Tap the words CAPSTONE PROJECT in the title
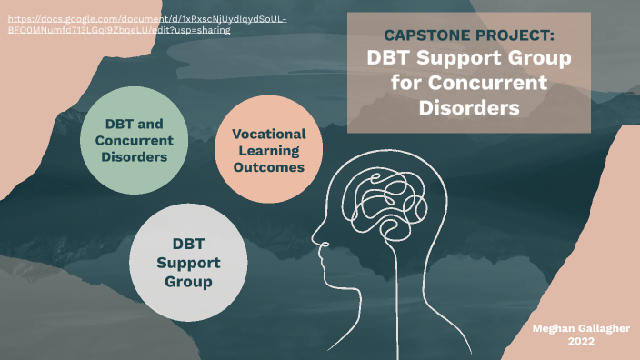click(468, 35)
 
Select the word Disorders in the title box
click(468, 106)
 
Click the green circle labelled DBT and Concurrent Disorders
click(135, 140)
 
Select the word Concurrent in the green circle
click(135, 140)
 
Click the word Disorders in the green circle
click(135, 156)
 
